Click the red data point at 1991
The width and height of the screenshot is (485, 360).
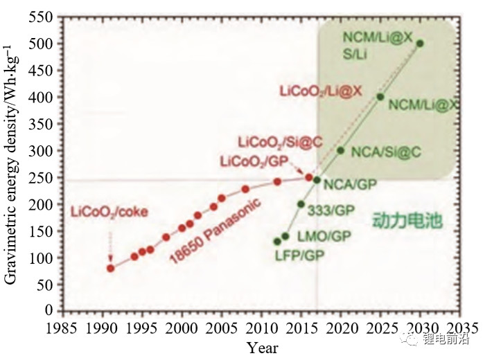click(x=111, y=268)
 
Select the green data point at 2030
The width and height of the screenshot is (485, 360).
click(x=420, y=43)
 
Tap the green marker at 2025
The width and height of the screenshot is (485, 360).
click(x=380, y=96)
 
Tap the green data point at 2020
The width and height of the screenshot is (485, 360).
click(x=340, y=150)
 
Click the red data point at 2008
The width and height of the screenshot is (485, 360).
click(x=245, y=189)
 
